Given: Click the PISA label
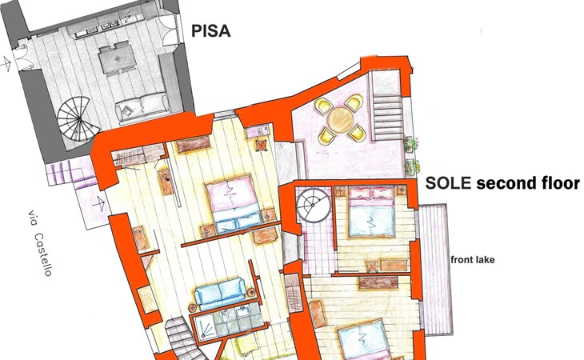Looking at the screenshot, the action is pyautogui.click(x=211, y=31).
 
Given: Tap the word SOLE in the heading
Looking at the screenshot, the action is pyautogui.click(x=449, y=183).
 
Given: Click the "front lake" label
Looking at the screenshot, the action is pyautogui.click(x=472, y=259).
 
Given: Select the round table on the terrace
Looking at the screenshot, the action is pyautogui.click(x=341, y=120).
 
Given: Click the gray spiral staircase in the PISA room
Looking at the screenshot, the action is pyautogui.click(x=78, y=118).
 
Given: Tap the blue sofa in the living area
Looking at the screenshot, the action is pyautogui.click(x=221, y=294).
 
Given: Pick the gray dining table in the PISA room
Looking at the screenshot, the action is pyautogui.click(x=117, y=59).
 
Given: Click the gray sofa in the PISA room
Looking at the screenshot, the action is pyautogui.click(x=142, y=108).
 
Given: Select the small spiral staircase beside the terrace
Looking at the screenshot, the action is pyautogui.click(x=314, y=206).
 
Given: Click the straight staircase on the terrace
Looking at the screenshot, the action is pyautogui.click(x=387, y=106).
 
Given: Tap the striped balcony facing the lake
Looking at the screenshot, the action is pyautogui.click(x=436, y=269).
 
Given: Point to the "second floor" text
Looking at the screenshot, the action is pyautogui.click(x=528, y=183).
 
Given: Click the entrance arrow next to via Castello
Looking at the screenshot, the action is pyautogui.click(x=98, y=204).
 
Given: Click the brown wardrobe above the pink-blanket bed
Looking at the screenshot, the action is pyautogui.click(x=194, y=145).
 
